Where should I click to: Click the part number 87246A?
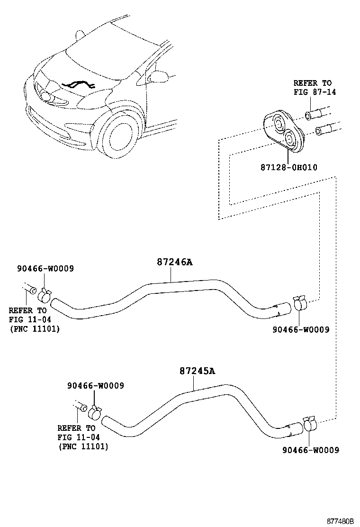click(x=175, y=262)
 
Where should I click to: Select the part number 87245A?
click(x=197, y=371)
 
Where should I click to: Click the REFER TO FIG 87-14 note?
click(x=315, y=87)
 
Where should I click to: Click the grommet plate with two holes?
click(x=282, y=129)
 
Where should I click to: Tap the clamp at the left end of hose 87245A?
click(x=96, y=412)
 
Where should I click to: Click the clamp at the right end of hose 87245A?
click(x=310, y=422)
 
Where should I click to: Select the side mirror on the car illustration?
click(x=160, y=76)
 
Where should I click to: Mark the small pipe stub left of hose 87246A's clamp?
click(x=30, y=288)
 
